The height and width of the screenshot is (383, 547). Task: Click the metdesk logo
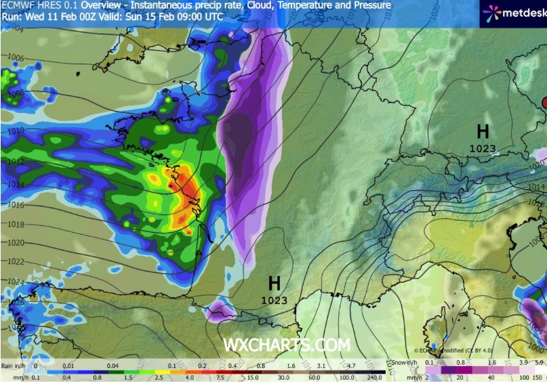point(511,12)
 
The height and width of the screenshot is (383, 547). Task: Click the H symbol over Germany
point(483,132)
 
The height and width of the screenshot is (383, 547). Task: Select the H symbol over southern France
point(274,283)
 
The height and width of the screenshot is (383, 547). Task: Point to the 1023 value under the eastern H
point(483,149)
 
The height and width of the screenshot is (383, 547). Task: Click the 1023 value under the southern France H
point(274,300)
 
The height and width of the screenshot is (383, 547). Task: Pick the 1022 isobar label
point(14,261)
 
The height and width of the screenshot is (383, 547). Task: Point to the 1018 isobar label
point(14,225)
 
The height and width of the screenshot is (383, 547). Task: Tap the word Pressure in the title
point(371,5)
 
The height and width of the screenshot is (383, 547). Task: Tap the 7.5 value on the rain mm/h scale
point(222,378)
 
